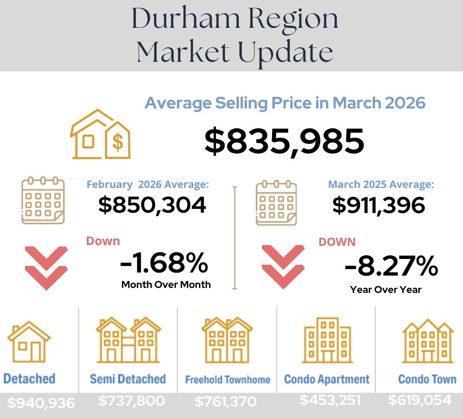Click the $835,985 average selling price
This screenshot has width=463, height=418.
tap(284, 141)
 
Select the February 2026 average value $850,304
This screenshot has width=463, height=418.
tap(152, 205)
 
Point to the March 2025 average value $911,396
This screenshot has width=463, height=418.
tap(379, 205)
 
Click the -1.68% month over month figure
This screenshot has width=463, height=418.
tap(164, 263)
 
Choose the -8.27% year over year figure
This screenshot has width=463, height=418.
tap(391, 266)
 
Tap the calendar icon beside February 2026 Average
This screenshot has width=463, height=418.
tap(43, 200)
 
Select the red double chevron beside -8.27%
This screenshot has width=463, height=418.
tap(283, 266)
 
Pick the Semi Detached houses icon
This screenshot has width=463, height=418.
tap(128, 340)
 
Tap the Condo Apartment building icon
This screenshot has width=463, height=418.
tap(327, 340)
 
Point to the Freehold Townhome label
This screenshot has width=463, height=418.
tap(228, 380)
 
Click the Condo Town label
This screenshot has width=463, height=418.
tap(427, 379)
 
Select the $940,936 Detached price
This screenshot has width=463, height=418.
tap(41, 403)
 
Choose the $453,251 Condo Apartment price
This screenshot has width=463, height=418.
tap(330, 400)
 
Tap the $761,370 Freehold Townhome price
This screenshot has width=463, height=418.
tap(226, 402)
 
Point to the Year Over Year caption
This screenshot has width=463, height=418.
tap(385, 289)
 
